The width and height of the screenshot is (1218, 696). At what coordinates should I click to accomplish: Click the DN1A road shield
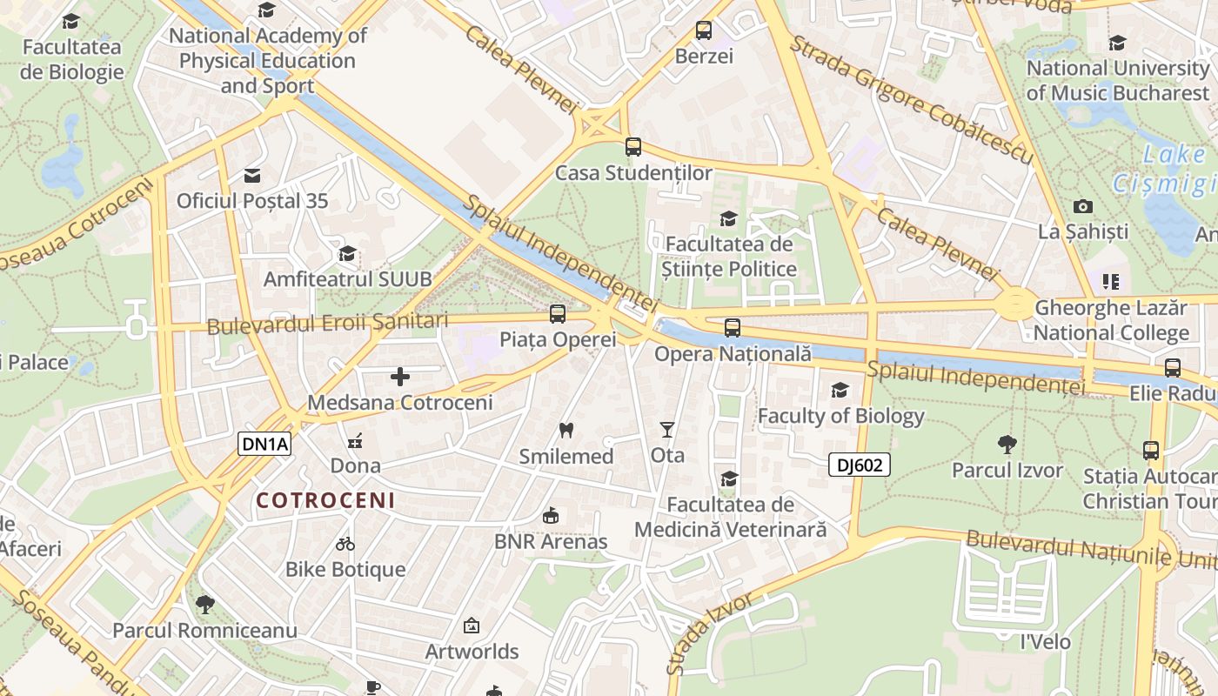[x=264, y=444]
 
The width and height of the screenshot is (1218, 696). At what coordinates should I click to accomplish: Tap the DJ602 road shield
[x=859, y=465]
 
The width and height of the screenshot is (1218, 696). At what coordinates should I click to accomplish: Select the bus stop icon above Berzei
[x=704, y=30]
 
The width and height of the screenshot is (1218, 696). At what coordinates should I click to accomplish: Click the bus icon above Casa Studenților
[x=632, y=147]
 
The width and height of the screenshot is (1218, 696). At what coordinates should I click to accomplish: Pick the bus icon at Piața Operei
[x=557, y=314]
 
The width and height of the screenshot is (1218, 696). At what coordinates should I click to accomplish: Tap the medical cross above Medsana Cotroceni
[x=399, y=377]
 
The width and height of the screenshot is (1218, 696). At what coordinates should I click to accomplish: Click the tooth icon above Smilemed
[x=565, y=430]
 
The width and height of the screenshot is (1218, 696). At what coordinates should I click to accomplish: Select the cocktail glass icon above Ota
[x=667, y=429]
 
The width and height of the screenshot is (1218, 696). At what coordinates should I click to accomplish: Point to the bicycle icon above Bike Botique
[x=345, y=544]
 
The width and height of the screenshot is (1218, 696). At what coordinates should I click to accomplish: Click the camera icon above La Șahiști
[x=1082, y=206]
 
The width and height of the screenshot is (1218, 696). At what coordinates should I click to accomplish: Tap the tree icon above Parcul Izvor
[x=1007, y=445]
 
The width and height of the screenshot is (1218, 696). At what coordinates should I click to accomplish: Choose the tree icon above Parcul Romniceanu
[x=204, y=604]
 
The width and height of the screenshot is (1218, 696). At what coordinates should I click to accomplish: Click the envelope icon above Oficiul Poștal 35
[x=252, y=176]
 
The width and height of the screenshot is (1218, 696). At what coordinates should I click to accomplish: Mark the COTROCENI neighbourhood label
[x=325, y=500]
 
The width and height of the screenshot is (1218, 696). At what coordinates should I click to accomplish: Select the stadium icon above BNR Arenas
[x=550, y=516]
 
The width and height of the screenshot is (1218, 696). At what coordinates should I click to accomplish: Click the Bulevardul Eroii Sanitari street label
[x=327, y=323]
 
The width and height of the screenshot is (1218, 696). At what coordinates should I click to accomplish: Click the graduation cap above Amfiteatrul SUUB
[x=347, y=253]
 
